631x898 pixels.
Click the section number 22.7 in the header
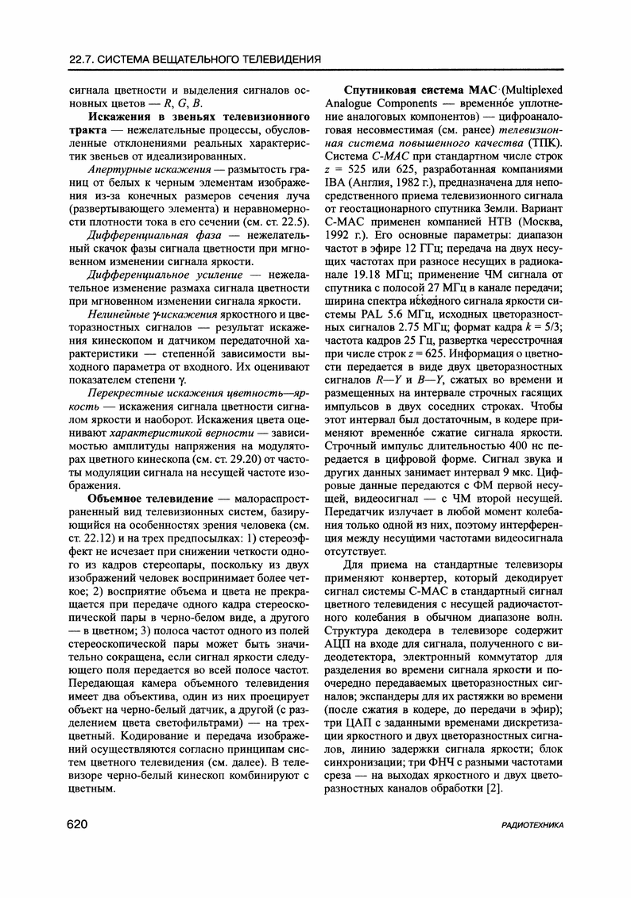click(83, 59)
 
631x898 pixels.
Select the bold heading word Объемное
click(120, 499)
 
